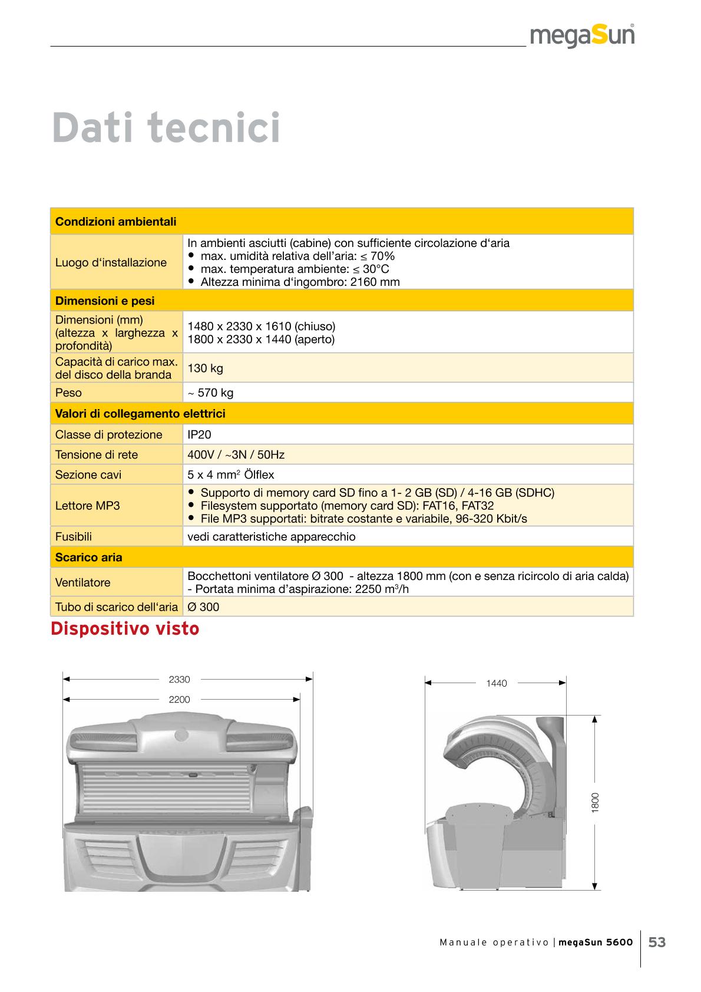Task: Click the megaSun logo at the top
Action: point(582,37)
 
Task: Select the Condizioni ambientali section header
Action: point(115,222)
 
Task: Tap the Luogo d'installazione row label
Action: point(111,262)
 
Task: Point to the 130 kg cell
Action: point(205,368)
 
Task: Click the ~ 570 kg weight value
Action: point(210,393)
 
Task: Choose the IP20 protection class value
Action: point(199,434)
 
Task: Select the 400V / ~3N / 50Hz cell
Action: point(236,454)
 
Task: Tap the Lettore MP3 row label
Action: point(87,506)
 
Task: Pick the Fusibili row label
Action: point(73,537)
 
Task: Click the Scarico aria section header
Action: point(88,557)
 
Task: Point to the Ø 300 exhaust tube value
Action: point(203,607)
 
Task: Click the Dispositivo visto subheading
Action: point(125,630)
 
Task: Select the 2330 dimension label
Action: point(179,680)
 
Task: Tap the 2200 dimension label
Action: point(179,700)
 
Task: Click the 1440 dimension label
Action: point(496,684)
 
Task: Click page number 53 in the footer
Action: point(657,942)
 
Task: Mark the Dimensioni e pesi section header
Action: point(104,301)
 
